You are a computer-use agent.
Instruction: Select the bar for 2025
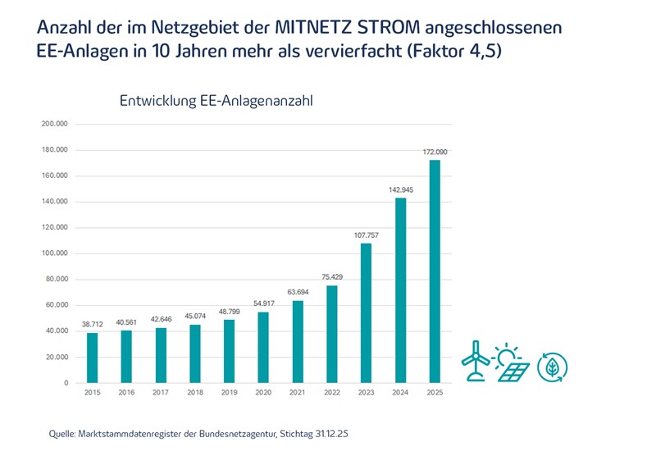pos(435,271)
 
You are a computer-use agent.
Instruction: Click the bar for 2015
pos(93,358)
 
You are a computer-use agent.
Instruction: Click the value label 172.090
pos(435,153)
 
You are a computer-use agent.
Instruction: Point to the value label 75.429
pos(332,277)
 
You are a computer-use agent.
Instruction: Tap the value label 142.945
pos(400,190)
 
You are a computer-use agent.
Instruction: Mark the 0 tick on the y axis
pos(66,383)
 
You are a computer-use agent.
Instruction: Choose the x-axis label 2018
pos(195,394)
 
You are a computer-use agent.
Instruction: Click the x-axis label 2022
pos(332,394)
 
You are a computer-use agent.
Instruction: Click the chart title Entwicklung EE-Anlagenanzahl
pos(216,102)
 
